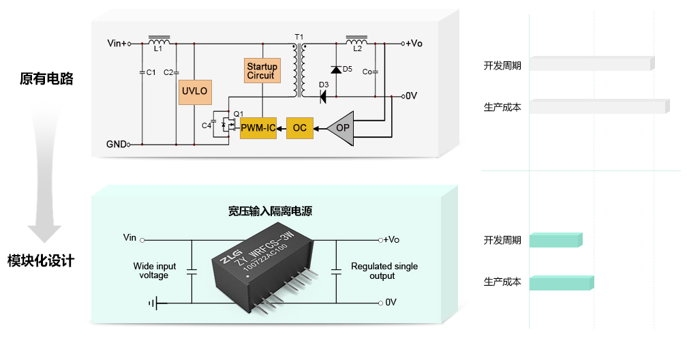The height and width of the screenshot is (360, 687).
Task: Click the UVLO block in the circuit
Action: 195,92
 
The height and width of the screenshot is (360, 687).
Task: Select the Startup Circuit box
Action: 262,71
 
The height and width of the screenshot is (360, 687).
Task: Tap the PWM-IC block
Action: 258,128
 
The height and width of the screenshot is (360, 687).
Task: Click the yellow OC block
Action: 300,128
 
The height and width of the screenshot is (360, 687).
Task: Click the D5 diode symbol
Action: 336,70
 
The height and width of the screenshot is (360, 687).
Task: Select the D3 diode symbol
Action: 323,96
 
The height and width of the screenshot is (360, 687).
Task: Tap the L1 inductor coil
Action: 159,40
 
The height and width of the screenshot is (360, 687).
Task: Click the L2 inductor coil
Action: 356,40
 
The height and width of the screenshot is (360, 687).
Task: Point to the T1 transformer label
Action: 299,37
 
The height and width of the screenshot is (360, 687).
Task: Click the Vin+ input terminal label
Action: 117,44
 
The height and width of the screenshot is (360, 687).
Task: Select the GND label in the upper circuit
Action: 116,145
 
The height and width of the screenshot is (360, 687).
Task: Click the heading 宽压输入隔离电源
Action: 270,211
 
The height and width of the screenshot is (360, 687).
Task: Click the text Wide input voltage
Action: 154,271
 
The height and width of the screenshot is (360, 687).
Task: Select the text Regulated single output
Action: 384,271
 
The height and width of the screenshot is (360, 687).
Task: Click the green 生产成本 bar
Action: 562,283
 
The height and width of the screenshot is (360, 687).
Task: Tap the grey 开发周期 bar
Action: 592,63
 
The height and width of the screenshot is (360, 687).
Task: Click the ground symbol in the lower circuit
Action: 153,303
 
